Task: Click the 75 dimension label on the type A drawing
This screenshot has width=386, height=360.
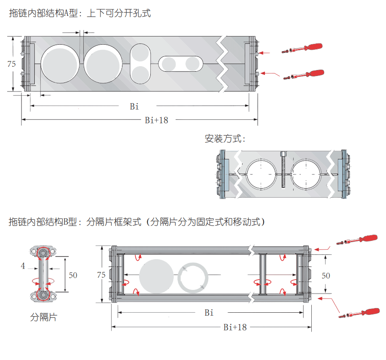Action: (12, 64)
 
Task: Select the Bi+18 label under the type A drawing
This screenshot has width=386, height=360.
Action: (156, 120)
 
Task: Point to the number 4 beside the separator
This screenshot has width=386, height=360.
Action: (23, 266)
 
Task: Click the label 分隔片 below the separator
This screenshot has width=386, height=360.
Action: (43, 317)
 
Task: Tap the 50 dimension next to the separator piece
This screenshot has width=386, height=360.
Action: (73, 275)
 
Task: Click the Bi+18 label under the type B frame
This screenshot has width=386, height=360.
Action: (235, 327)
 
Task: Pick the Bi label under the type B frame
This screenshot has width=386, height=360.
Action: (209, 313)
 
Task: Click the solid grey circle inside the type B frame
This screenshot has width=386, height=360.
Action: (157, 277)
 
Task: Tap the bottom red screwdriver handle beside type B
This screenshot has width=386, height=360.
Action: (370, 311)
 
